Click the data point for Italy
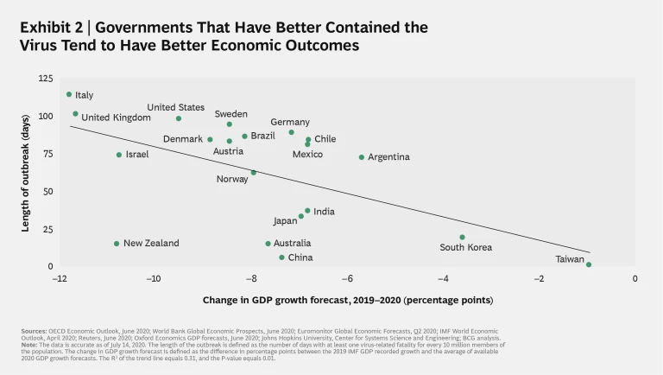[69, 94]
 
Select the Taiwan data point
[589, 264]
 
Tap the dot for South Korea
[462, 237]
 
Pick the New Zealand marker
[117, 244]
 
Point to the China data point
[281, 257]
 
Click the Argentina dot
[362, 157]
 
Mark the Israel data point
[119, 155]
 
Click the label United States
[175, 107]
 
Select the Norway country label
[232, 180]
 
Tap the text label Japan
[285, 221]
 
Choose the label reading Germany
[290, 123]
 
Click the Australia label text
[292, 244]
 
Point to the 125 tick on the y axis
[45, 79]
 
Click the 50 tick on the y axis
[47, 192]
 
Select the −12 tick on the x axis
[59, 279]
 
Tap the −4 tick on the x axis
[443, 279]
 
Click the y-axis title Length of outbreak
[27, 173]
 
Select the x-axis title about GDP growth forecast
[348, 301]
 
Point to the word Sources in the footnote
[35, 331]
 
